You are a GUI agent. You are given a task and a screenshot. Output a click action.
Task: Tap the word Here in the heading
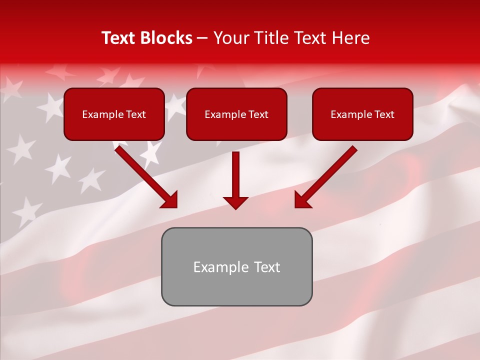pos(350,38)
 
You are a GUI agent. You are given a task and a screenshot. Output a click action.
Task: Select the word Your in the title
pos(229,38)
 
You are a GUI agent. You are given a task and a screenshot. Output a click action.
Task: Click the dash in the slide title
pos(202,38)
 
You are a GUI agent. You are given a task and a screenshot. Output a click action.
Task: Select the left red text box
pos(114,114)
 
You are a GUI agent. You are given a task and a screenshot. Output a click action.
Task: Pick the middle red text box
pos(236,114)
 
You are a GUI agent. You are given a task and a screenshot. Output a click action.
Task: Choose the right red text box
pos(362,114)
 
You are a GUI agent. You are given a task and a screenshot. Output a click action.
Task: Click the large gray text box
pos(236,266)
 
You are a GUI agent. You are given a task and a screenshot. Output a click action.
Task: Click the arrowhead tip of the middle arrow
pos(235,208)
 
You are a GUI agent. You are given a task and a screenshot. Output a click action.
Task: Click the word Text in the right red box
pos(384,114)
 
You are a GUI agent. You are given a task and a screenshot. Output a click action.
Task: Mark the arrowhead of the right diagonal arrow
pos(301,200)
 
